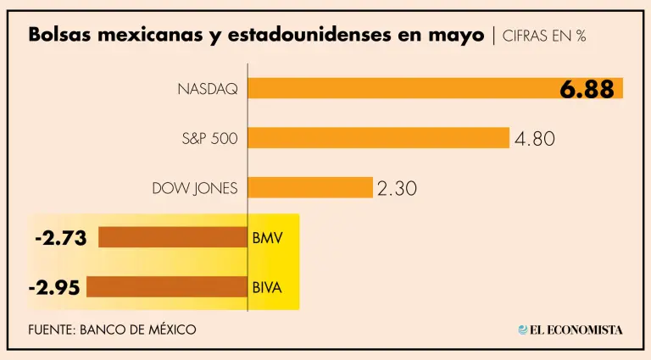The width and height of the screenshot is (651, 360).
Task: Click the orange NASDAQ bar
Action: pyautogui.click(x=398, y=88)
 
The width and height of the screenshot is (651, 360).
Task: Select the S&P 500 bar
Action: pyautogui.click(x=378, y=137)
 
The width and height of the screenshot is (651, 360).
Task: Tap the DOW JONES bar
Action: pyautogui.click(x=310, y=187)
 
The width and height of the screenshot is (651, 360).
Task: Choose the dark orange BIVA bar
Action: pyautogui.click(x=166, y=287)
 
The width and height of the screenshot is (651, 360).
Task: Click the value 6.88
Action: pyautogui.click(x=587, y=89)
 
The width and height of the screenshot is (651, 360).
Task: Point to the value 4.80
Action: pyautogui.click(x=534, y=138)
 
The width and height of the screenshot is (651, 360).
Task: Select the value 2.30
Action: pyautogui.click(x=397, y=188)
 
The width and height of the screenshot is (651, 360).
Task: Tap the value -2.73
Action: pyautogui.click(x=61, y=238)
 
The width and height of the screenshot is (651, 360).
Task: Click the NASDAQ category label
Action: pyautogui.click(x=208, y=88)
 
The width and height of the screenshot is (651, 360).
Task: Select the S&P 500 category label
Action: pyautogui.click(x=210, y=137)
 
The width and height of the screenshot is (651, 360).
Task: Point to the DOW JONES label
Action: pyautogui.click(x=195, y=187)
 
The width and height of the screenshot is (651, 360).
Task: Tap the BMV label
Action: pyautogui.click(x=264, y=238)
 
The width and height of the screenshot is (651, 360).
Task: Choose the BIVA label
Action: pyautogui.click(x=266, y=287)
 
